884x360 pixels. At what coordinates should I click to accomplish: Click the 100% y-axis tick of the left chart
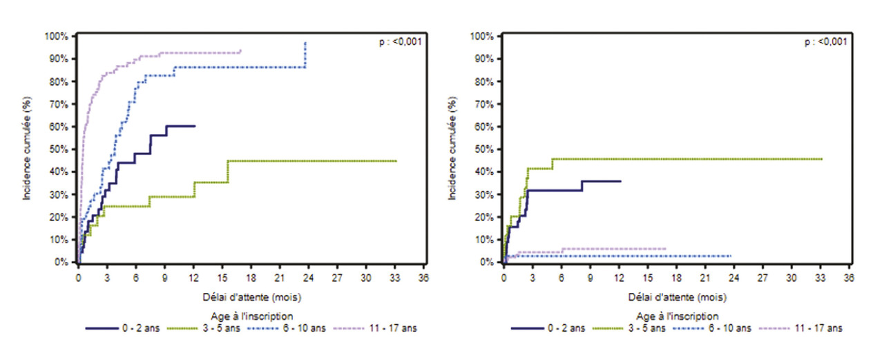[x=57, y=36]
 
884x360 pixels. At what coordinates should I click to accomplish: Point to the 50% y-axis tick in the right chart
[x=483, y=149]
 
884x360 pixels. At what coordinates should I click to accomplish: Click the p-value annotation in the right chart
[x=825, y=41]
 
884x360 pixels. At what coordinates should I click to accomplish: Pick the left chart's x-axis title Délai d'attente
[x=251, y=298]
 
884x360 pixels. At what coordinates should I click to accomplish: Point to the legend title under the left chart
[x=251, y=316]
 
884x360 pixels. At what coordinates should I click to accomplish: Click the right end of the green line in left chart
[x=396, y=161]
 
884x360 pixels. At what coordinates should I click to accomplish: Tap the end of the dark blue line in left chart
[x=195, y=126]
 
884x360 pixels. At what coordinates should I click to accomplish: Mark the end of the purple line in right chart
[x=666, y=248]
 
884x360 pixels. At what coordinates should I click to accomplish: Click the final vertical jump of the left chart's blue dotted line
[x=305, y=55]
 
